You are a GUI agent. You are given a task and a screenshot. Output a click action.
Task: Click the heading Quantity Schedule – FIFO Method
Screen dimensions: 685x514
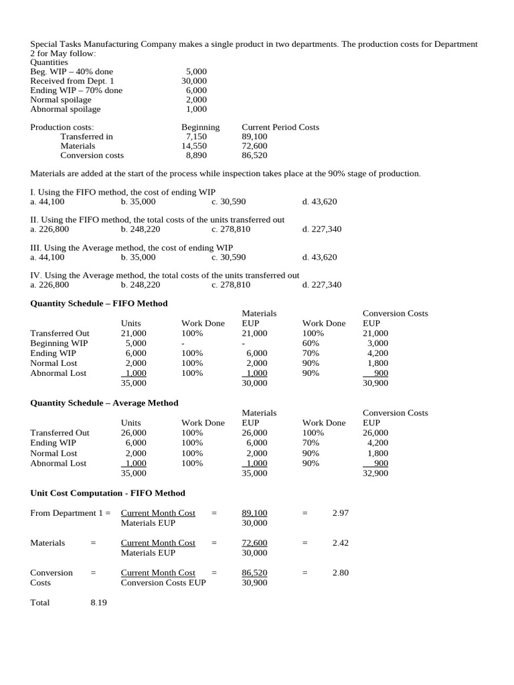click(x=99, y=303)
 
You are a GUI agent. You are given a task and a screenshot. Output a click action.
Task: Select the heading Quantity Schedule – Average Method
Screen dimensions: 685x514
click(x=104, y=403)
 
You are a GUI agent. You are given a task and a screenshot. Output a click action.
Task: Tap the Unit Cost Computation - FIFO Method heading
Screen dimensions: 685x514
click(x=108, y=493)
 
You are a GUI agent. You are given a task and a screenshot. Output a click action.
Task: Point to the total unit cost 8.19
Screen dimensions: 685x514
click(x=98, y=602)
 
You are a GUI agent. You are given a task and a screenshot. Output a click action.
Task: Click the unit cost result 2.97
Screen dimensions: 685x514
click(x=341, y=512)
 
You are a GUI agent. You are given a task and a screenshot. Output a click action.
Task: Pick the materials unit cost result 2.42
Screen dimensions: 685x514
click(x=341, y=543)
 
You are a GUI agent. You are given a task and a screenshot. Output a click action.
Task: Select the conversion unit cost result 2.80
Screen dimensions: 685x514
click(x=341, y=573)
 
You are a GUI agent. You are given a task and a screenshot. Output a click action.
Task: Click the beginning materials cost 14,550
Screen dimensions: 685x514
click(x=194, y=145)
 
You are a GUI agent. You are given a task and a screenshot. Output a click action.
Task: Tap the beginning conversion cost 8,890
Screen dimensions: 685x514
click(x=196, y=155)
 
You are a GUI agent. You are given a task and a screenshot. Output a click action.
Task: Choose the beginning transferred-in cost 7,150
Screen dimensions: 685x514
click(x=196, y=136)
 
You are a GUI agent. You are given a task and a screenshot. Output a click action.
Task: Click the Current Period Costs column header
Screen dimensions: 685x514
click(x=280, y=126)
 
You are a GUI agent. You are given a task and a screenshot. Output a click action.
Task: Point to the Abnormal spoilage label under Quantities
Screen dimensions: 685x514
click(x=66, y=109)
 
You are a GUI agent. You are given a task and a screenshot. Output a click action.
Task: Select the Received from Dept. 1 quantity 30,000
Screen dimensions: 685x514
click(x=194, y=80)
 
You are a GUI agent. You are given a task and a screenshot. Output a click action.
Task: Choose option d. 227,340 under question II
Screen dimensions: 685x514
click(x=322, y=229)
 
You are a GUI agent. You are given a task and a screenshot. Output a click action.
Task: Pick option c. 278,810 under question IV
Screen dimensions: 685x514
click(x=231, y=284)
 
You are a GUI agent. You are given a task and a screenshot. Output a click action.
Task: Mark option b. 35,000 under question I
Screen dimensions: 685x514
click(x=139, y=201)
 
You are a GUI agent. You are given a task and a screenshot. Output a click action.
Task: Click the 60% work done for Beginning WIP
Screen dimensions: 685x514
click(x=311, y=343)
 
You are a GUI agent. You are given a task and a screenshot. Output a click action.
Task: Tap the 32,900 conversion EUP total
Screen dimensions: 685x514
click(x=375, y=473)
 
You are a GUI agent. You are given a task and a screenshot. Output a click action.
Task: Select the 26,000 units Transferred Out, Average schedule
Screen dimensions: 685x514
click(x=134, y=433)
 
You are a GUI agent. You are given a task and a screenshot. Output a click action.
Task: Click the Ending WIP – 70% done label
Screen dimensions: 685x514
click(x=76, y=90)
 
